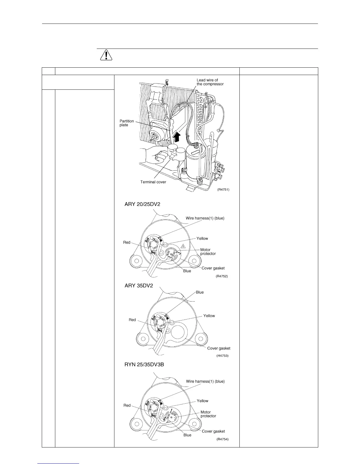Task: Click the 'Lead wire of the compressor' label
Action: [x=210, y=82]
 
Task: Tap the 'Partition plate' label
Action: [x=127, y=123]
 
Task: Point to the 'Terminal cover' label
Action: [x=153, y=182]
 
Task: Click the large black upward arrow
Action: [x=176, y=137]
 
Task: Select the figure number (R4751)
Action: [x=223, y=189]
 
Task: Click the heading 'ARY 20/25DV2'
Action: [x=143, y=204]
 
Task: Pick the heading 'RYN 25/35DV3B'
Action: [x=144, y=365]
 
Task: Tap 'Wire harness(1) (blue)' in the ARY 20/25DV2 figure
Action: [x=205, y=218]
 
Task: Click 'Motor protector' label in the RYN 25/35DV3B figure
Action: [x=208, y=414]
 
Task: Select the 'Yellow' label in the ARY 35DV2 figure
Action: [x=209, y=316]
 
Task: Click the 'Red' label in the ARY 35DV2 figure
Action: [x=132, y=320]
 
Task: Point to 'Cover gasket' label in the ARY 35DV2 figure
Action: [x=219, y=348]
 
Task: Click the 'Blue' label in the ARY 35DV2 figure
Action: [x=200, y=292]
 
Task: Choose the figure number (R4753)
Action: [x=222, y=356]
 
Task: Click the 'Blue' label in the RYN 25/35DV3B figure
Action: [x=187, y=435]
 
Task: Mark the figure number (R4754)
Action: [x=222, y=439]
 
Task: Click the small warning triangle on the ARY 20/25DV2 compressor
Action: [x=183, y=246]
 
